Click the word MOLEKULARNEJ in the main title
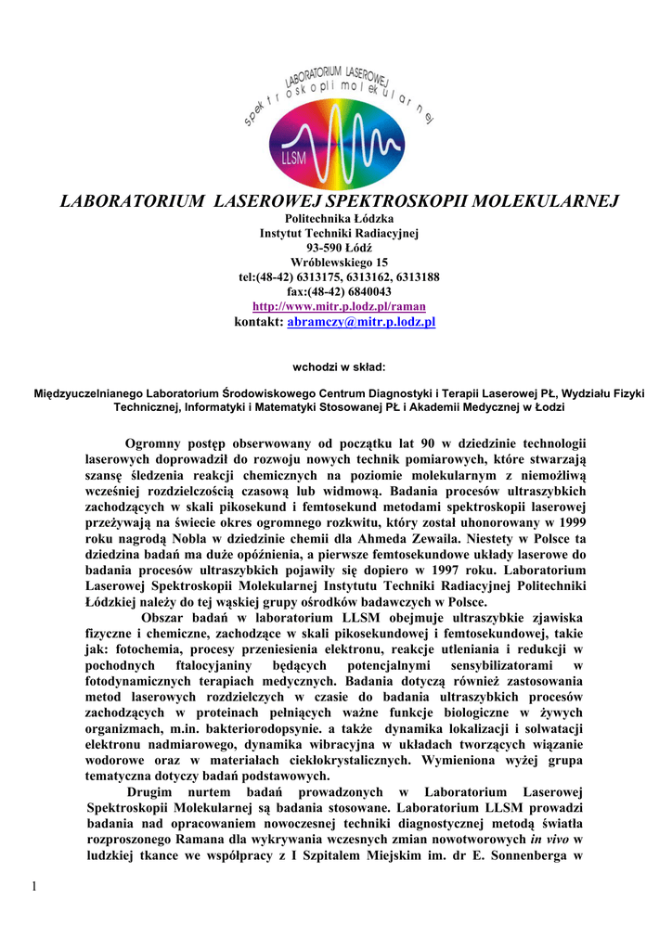tap(530, 199)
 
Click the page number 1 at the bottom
tap(34, 892)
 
